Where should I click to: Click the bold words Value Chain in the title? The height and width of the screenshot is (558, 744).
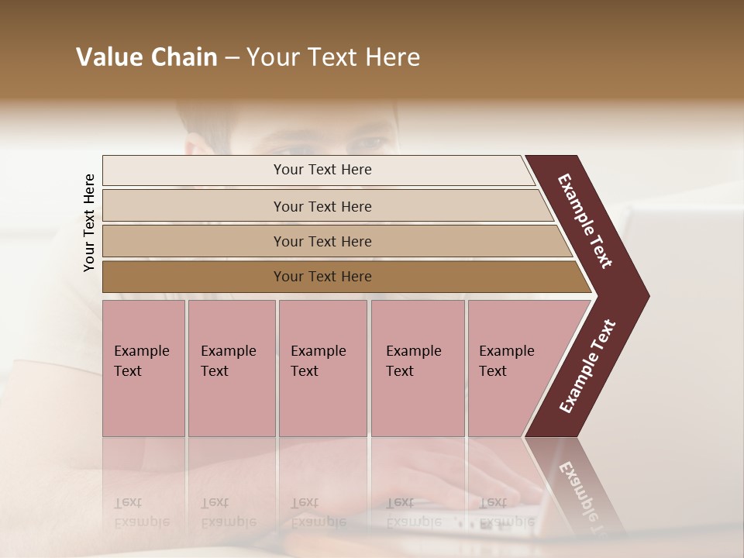tap(146, 57)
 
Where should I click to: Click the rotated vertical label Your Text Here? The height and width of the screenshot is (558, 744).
tap(89, 222)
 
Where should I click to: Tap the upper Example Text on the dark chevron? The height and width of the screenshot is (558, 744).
tap(586, 221)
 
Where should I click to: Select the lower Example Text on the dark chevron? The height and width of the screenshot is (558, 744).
tap(587, 367)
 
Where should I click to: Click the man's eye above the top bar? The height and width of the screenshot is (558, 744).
tap(369, 143)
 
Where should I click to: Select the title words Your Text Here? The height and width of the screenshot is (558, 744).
tap(333, 57)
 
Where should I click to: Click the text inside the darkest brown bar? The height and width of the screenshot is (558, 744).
tap(322, 277)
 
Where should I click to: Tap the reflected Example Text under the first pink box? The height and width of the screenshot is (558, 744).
tap(141, 511)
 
